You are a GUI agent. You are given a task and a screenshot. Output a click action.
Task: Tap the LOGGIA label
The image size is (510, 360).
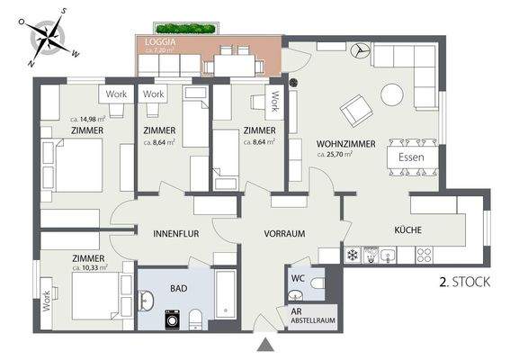tap(161, 40)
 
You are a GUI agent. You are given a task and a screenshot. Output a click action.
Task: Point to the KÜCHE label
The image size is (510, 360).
tap(407, 230)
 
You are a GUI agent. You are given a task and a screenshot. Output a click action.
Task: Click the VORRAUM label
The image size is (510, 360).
tap(284, 233)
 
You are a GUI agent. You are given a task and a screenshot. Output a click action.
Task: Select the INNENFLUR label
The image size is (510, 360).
tap(175, 233)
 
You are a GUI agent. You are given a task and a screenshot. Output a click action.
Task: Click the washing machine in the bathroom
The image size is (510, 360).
tap(173, 318)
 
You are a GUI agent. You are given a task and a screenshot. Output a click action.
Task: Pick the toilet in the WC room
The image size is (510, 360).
tap(316, 285)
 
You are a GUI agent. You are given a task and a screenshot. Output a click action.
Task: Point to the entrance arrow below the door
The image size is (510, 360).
tap(264, 346)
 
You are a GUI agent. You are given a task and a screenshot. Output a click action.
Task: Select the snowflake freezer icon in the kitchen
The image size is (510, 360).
tap(353, 256)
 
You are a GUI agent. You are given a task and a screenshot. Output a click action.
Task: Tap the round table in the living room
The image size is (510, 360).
tap(393, 94)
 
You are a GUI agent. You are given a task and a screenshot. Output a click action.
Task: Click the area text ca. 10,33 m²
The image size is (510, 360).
tap(89, 266)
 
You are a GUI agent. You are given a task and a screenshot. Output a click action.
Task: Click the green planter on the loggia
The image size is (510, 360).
tap(185, 29)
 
